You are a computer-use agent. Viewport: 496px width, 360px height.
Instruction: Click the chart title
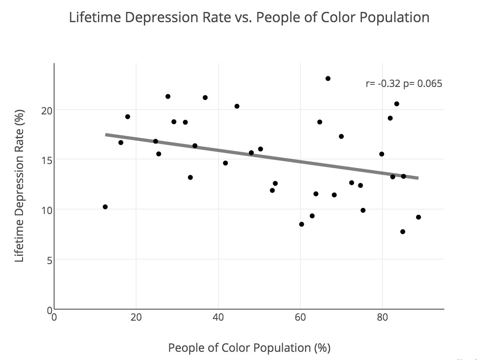click(249, 18)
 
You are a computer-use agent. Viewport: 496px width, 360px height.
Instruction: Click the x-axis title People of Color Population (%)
click(249, 348)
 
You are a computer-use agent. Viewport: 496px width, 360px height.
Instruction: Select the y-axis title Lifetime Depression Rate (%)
click(19, 186)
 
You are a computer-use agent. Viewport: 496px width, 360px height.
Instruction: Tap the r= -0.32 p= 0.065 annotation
click(404, 84)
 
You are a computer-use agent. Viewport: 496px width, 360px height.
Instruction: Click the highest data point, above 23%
click(328, 78)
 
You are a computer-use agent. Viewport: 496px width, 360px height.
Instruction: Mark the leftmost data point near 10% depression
click(105, 207)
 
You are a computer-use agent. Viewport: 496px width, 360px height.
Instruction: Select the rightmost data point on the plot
click(418, 217)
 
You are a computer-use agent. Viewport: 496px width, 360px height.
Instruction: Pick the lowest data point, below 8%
click(403, 232)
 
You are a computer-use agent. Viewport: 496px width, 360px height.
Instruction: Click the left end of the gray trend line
click(107, 134)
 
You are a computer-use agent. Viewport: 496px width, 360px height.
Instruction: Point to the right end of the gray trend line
click(417, 178)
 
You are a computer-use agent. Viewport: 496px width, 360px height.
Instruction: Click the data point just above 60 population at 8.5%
click(302, 224)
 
